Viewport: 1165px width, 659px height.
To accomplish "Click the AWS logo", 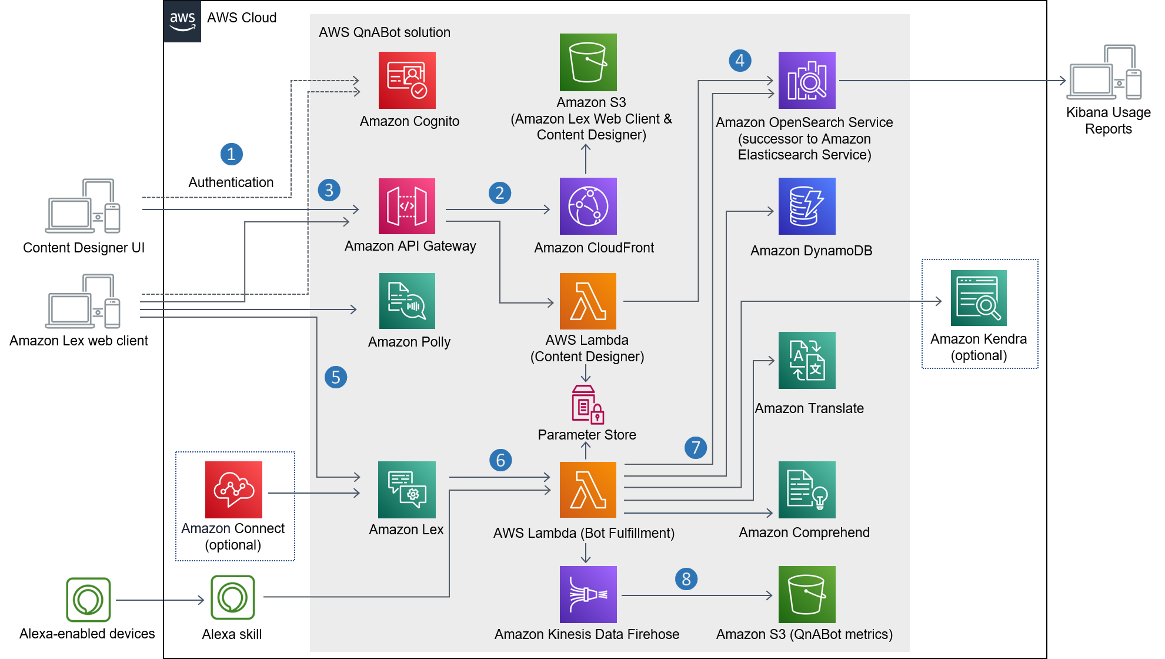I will point(182,21).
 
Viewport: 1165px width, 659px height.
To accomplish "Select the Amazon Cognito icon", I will point(407,80).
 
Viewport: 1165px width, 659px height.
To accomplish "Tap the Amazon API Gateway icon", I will point(407,206).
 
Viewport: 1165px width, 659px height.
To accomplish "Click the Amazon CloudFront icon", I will point(588,206).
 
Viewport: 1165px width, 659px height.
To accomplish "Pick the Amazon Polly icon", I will point(407,301).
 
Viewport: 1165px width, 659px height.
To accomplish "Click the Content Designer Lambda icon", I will point(588,301).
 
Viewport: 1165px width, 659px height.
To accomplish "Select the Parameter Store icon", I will point(587,404).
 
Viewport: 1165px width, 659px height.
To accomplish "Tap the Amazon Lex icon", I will point(407,490).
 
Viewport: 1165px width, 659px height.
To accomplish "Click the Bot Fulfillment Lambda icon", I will point(588,490).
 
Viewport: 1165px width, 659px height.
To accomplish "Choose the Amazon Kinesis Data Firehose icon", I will point(588,594).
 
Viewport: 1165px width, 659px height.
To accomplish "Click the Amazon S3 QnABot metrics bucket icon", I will point(807,594).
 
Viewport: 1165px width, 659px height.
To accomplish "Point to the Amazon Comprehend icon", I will point(807,490).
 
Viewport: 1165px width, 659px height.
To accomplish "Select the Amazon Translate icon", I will point(807,360).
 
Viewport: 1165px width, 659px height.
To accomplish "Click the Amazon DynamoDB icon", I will point(807,206).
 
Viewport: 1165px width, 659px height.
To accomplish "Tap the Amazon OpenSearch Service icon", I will point(807,80).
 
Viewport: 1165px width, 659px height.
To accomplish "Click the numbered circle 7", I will point(696,448).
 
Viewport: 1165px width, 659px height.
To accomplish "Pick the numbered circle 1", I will point(232,154).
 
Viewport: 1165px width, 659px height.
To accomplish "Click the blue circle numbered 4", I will point(740,60).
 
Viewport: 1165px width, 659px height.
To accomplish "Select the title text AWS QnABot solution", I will point(385,32).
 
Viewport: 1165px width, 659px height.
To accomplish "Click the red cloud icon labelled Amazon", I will point(233,490).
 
